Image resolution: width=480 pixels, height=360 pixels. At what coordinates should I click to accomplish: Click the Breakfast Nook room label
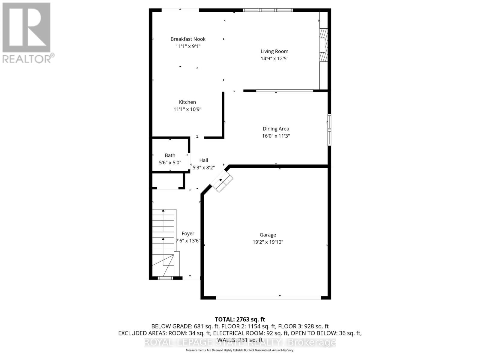(188, 39)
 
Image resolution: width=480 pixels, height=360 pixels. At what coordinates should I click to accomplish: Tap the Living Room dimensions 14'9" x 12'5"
(274, 58)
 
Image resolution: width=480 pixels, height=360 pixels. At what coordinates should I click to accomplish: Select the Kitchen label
(187, 102)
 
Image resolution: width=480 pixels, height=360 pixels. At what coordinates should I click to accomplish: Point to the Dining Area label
(276, 129)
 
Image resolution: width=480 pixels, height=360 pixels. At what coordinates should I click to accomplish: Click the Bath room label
(170, 155)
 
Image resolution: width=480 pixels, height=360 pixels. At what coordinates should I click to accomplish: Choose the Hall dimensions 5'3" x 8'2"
(204, 168)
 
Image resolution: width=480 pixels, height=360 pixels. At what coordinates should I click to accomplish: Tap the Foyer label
(188, 234)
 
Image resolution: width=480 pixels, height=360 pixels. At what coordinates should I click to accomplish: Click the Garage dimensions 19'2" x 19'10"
(268, 242)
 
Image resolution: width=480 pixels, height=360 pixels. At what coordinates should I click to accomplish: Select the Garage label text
(268, 235)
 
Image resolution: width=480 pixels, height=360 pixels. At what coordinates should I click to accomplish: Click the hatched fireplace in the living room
(323, 45)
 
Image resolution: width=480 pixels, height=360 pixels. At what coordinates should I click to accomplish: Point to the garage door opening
(268, 298)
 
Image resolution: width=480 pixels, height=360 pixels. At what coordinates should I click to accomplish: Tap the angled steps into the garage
(222, 181)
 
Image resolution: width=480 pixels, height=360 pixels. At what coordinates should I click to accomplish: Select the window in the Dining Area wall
(329, 130)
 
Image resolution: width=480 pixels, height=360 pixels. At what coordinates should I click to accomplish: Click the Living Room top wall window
(268, 10)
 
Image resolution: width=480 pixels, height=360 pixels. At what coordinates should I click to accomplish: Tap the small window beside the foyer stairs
(165, 278)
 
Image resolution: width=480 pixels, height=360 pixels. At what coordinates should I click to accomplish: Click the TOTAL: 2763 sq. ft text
(240, 319)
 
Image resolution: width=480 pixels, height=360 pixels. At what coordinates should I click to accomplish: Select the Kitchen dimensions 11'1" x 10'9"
(187, 109)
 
